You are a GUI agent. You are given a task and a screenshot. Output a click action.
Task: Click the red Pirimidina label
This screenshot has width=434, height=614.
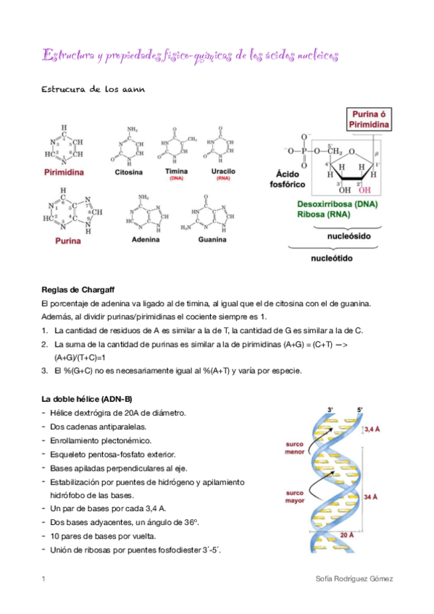[64, 173]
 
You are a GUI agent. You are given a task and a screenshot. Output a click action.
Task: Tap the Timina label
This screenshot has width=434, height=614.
[175, 172]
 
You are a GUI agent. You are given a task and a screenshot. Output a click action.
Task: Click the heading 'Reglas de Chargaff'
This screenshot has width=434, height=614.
[74, 290]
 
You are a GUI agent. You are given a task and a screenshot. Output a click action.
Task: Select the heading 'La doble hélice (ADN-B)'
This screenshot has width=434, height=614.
[86, 399]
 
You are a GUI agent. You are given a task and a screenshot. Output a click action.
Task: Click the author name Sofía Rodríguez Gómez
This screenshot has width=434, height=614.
[358, 579]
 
